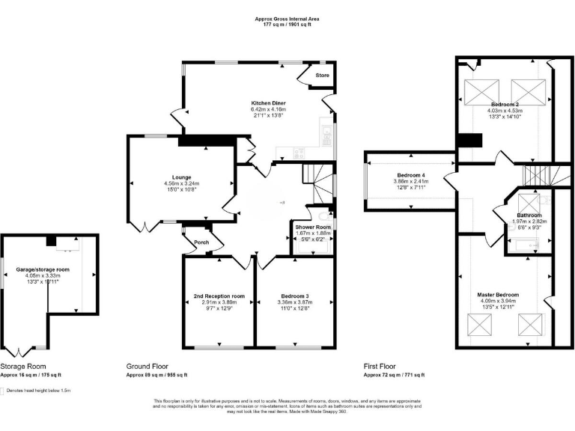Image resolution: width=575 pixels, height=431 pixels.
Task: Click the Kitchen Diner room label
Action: pyautogui.click(x=268, y=103)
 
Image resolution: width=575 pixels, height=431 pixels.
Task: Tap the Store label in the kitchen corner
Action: pyautogui.click(x=322, y=76)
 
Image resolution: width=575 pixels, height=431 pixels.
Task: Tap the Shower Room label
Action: pyautogui.click(x=313, y=226)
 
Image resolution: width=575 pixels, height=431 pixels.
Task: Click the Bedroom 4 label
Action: pyautogui.click(x=410, y=175)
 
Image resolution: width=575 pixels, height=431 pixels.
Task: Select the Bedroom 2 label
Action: pyautogui.click(x=505, y=104)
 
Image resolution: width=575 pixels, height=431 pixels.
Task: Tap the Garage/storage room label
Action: pyautogui.click(x=43, y=269)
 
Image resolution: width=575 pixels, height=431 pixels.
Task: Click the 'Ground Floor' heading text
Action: pyautogui.click(x=146, y=367)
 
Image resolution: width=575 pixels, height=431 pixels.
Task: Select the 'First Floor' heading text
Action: pyautogui.click(x=380, y=367)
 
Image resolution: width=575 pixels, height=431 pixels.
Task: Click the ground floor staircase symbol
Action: pyautogui.click(x=318, y=178)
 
